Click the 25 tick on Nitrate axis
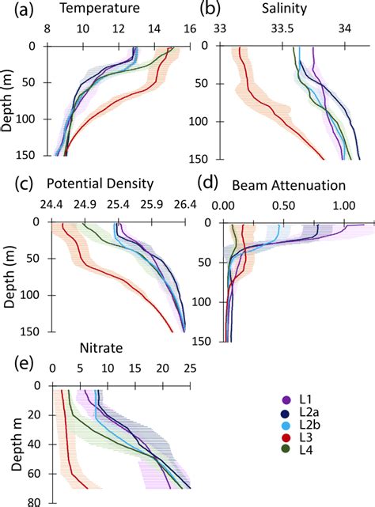click(x=190, y=368)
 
